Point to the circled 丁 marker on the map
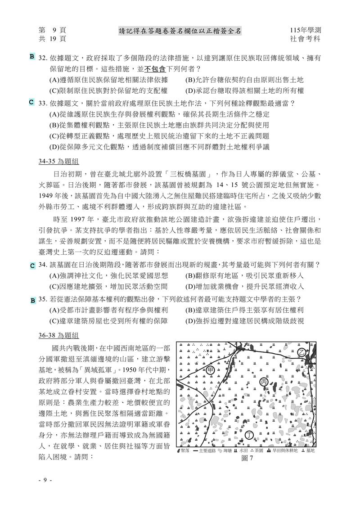pyautogui.click(x=250, y=434)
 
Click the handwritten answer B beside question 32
pyautogui.click(x=32, y=57)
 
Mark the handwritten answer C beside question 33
pyautogui.click(x=31, y=103)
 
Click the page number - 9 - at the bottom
pyautogui.click(x=45, y=480)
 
